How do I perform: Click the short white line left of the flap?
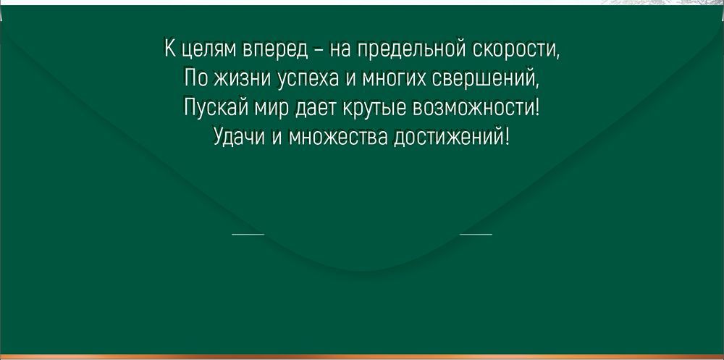[248, 234]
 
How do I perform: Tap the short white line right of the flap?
[476, 234]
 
